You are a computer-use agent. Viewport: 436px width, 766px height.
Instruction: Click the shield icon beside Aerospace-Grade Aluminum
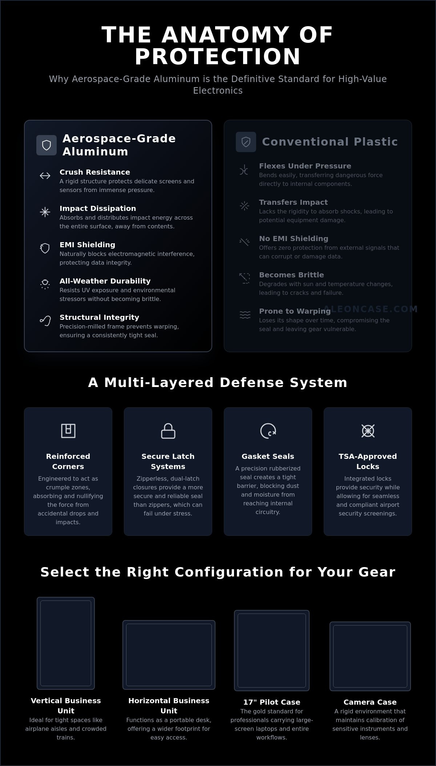47,145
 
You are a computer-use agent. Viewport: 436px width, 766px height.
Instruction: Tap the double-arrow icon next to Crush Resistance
45,176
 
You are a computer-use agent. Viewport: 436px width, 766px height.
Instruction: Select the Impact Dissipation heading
98,208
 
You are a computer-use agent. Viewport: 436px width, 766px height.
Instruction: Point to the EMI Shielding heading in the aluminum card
87,245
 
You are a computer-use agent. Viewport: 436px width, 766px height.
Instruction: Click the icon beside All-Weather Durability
45,284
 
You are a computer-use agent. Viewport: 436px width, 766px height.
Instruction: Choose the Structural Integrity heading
99,317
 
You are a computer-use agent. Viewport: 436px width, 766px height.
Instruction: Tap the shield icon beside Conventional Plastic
246,142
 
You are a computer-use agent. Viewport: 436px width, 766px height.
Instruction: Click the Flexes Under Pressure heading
305,166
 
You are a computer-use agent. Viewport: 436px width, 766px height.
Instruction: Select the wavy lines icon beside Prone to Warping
245,315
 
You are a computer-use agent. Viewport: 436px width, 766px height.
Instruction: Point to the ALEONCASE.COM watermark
371,309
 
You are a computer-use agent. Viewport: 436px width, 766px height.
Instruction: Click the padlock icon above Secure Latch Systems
168,431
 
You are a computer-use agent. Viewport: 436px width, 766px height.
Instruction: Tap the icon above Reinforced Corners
68,431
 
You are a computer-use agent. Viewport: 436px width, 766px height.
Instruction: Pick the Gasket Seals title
268,456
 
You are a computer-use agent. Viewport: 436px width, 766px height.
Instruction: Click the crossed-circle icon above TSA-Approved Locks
368,431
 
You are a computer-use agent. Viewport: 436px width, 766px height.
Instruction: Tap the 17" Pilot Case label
272,702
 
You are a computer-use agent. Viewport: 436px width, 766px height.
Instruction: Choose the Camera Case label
370,702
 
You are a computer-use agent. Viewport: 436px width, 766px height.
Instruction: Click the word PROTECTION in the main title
218,57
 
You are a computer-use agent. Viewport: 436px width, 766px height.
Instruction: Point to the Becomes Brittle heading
291,275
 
